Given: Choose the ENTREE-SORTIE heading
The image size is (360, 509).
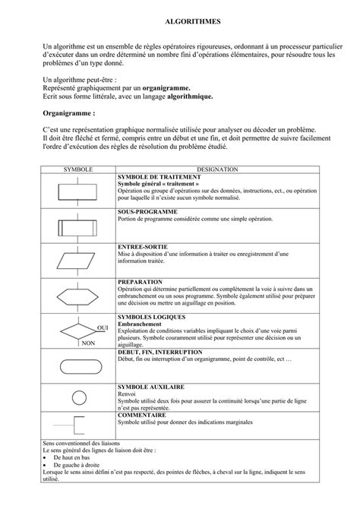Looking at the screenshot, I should (x=143, y=246).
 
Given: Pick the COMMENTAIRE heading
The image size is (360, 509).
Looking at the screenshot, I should (x=143, y=416).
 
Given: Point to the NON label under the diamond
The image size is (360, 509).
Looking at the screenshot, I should (x=88, y=343).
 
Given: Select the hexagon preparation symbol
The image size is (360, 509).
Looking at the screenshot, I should (x=77, y=294).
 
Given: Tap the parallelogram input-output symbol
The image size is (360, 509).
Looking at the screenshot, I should (x=77, y=259).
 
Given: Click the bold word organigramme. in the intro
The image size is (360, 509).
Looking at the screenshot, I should (x=176, y=88).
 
